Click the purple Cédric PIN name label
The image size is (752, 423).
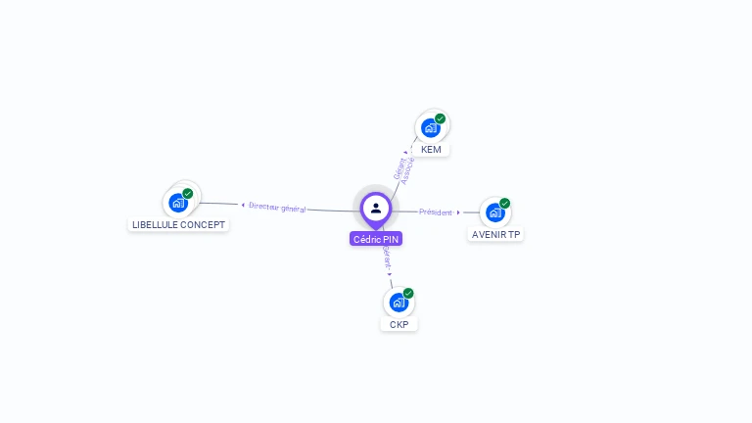point(376,239)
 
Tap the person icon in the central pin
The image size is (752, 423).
point(376,208)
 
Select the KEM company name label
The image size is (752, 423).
point(431,150)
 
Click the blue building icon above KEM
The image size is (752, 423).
point(430,127)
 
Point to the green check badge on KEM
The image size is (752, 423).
point(441,118)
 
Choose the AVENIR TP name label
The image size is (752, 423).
point(496,235)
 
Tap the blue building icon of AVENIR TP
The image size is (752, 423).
point(494,212)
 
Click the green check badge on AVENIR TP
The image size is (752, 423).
point(505,204)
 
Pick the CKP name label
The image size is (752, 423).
point(399,324)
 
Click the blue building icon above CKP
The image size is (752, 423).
point(398,302)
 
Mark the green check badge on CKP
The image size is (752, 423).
point(408,293)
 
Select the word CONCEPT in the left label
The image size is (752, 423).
point(205,225)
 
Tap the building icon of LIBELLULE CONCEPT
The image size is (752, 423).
point(177,203)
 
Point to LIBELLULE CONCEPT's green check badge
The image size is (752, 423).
point(188,194)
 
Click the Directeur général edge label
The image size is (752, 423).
point(277,208)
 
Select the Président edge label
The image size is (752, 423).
point(436,211)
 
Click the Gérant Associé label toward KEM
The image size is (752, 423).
point(403,169)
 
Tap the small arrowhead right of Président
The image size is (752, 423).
point(458,211)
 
